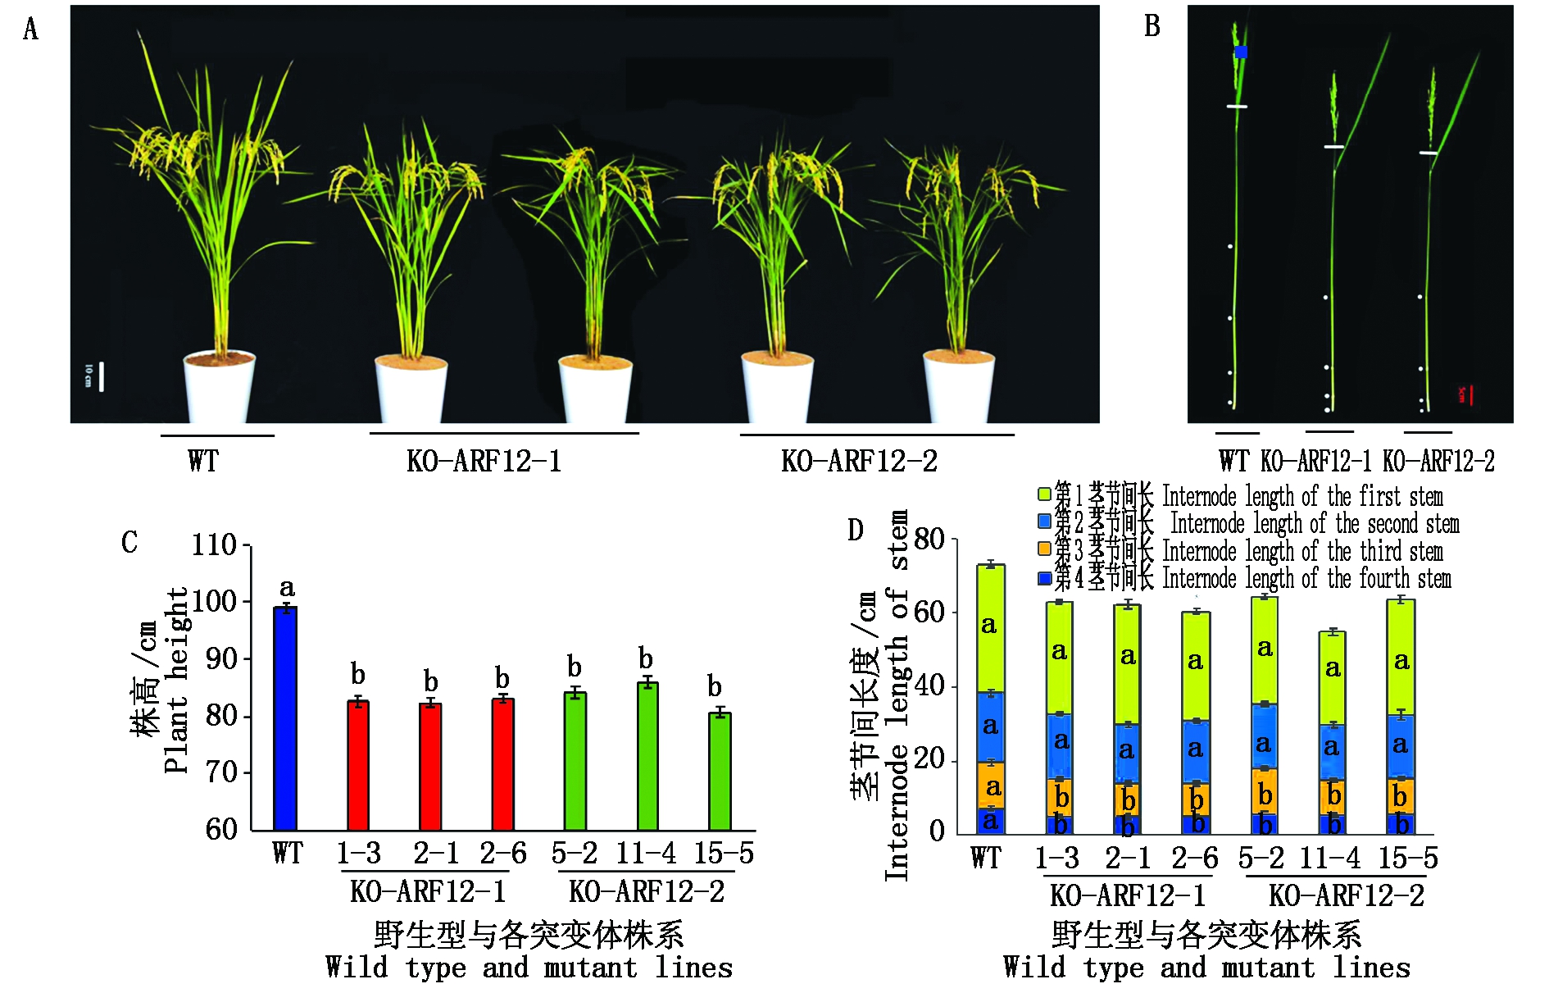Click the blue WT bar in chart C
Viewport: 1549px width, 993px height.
pyautogui.click(x=285, y=718)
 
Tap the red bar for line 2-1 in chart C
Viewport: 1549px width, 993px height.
pyautogui.click(x=430, y=766)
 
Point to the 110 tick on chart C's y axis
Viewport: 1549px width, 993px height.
pyautogui.click(x=214, y=545)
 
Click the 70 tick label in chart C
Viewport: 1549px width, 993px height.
pyautogui.click(x=221, y=772)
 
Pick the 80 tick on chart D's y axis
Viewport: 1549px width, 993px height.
pyautogui.click(x=929, y=540)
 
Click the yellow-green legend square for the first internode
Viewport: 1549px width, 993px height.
pyautogui.click(x=1044, y=494)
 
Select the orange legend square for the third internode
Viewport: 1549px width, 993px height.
pyautogui.click(x=1044, y=549)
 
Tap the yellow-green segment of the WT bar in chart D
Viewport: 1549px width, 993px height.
pyautogui.click(x=991, y=628)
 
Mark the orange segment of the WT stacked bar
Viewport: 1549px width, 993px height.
pyautogui.click(x=991, y=786)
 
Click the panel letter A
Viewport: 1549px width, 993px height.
pyautogui.click(x=30, y=30)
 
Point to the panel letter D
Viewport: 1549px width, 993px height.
pyautogui.click(x=855, y=531)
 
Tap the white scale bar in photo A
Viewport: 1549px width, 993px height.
pyautogui.click(x=102, y=377)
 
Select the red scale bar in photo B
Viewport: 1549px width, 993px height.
pyautogui.click(x=1470, y=395)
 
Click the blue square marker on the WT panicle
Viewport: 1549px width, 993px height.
pyautogui.click(x=1241, y=52)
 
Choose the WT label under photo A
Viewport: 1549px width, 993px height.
pyautogui.click(x=203, y=461)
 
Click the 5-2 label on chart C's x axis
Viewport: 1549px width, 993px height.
pyautogui.click(x=574, y=854)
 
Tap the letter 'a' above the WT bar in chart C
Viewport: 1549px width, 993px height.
pyautogui.click(x=287, y=588)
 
